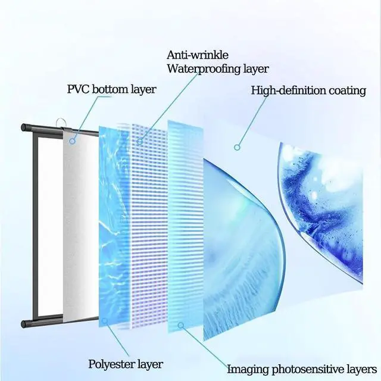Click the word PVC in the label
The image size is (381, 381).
point(78,90)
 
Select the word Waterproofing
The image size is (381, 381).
point(201,68)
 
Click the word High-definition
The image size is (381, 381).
point(288,91)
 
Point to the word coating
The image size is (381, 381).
point(346,91)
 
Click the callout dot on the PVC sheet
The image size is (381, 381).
point(73,142)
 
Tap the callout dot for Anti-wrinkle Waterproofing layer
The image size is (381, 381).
point(140,142)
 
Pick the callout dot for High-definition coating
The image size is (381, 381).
point(237,146)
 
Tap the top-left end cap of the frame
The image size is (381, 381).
point(25,127)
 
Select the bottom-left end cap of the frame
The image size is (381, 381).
point(25,324)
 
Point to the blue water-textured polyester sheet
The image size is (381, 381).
point(113,226)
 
